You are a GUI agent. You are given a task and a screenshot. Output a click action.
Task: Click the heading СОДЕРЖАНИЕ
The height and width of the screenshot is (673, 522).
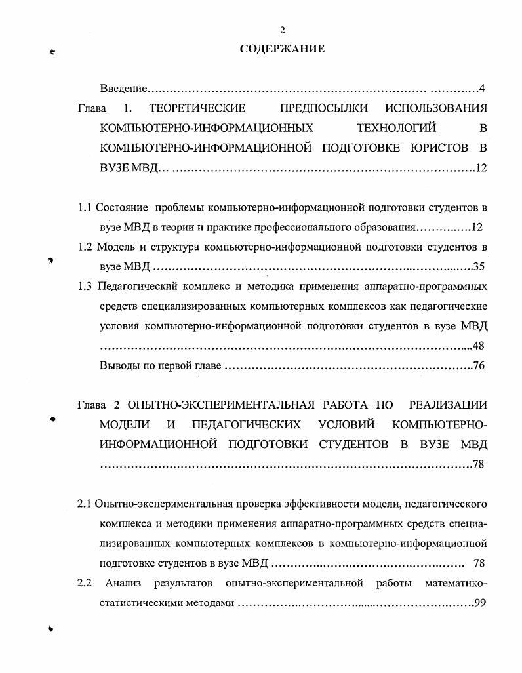tap(282, 49)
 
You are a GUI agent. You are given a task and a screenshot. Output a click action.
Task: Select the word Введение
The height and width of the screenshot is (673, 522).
tap(123, 88)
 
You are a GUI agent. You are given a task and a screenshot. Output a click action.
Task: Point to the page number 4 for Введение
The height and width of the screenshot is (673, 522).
tap(481, 88)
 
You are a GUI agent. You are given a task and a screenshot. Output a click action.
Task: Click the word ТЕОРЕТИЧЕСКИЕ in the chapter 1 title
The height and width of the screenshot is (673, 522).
tap(197, 108)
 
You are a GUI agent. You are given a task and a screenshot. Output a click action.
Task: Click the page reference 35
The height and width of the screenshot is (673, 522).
tap(479, 267)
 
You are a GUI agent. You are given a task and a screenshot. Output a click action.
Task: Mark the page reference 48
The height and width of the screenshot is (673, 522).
tap(479, 346)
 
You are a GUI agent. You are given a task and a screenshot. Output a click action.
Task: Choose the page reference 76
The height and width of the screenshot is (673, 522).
tap(479, 366)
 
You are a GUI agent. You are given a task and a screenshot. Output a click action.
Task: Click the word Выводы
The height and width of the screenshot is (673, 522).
tap(119, 366)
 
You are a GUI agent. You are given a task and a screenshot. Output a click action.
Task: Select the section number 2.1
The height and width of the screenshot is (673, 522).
tap(84, 504)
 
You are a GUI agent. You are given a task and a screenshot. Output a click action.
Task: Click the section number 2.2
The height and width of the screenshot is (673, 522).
tap(84, 583)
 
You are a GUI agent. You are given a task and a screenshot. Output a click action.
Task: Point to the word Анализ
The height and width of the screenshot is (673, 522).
tap(123, 583)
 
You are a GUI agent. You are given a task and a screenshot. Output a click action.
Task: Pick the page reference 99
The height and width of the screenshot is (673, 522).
tap(479, 603)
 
